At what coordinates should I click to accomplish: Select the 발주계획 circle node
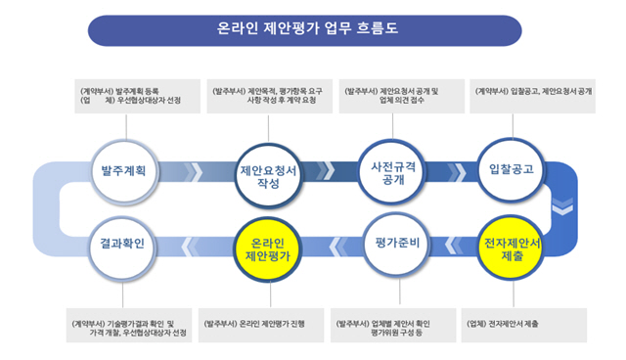tap(123, 169)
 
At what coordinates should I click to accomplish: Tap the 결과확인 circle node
tap(123, 244)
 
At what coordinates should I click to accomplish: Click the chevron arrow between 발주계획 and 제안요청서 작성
tap(195, 171)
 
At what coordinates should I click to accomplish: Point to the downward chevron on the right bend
tap(562, 208)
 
